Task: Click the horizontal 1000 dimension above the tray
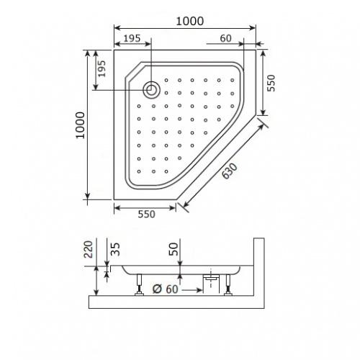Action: pyautogui.click(x=190, y=21)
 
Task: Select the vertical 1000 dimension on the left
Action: pyautogui.click(x=81, y=125)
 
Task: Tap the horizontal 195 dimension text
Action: pyautogui.click(x=132, y=38)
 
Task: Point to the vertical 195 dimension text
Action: pyautogui.click(x=102, y=68)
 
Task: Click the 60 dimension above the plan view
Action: pyautogui.click(x=225, y=38)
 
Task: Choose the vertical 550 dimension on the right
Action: pyautogui.click(x=271, y=83)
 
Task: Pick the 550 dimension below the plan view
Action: pyautogui.click(x=146, y=214)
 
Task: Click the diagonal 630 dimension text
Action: pyautogui.click(x=230, y=171)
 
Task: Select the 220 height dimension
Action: pyautogui.click(x=89, y=249)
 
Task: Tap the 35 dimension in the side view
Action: pyautogui.click(x=116, y=249)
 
